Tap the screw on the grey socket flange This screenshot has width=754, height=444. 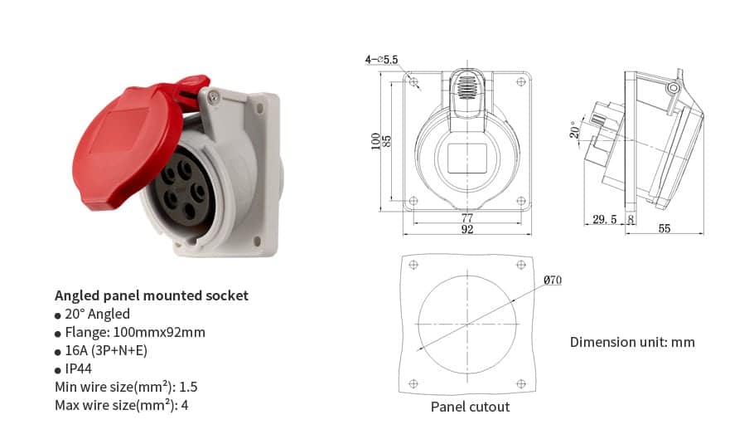pyautogui.click(x=215, y=99)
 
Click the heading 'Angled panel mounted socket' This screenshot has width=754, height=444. pyautogui.click(x=151, y=295)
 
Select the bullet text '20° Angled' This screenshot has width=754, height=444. pyautogui.click(x=97, y=314)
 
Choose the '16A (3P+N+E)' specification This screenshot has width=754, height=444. pyautogui.click(x=106, y=350)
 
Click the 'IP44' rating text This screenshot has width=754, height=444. pyautogui.click(x=80, y=368)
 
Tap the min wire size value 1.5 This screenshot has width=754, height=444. pyautogui.click(x=188, y=387)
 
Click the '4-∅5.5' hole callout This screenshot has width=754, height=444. pyautogui.click(x=382, y=60)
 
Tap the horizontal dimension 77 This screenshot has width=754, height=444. pyautogui.click(x=467, y=218)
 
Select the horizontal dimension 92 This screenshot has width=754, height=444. pyautogui.click(x=467, y=230)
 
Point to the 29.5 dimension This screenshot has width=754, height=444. pyautogui.click(x=605, y=220)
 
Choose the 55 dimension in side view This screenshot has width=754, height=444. pyautogui.click(x=665, y=229)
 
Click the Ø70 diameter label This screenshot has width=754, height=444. pyautogui.click(x=553, y=281)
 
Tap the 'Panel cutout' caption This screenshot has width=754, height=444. pyautogui.click(x=470, y=407)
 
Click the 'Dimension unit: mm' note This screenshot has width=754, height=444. pyautogui.click(x=632, y=342)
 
